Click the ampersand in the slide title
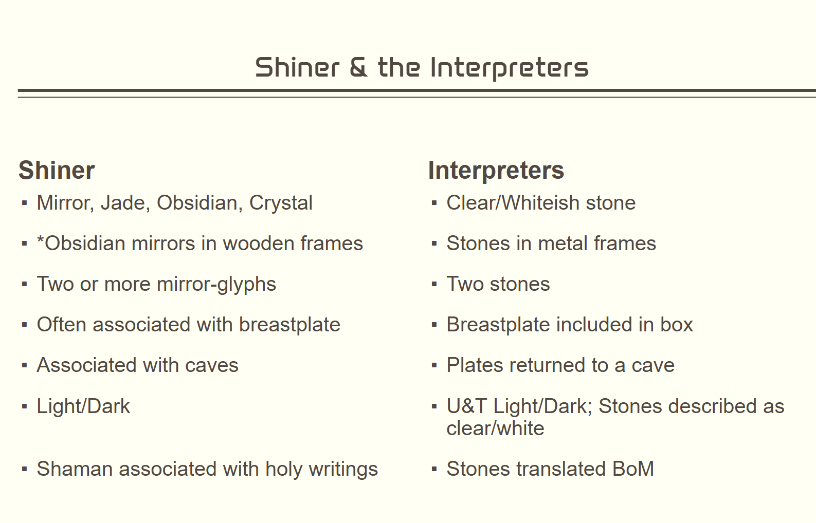pyautogui.click(x=358, y=67)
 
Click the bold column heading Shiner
pyautogui.click(x=57, y=170)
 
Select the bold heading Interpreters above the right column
pyautogui.click(x=496, y=171)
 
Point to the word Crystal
pyautogui.click(x=281, y=203)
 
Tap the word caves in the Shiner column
pyautogui.click(x=211, y=365)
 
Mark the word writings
pyautogui.click(x=343, y=469)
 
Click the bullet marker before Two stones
pyautogui.click(x=434, y=284)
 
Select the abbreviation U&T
pyautogui.click(x=467, y=406)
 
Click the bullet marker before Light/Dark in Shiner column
pyautogui.click(x=24, y=406)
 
